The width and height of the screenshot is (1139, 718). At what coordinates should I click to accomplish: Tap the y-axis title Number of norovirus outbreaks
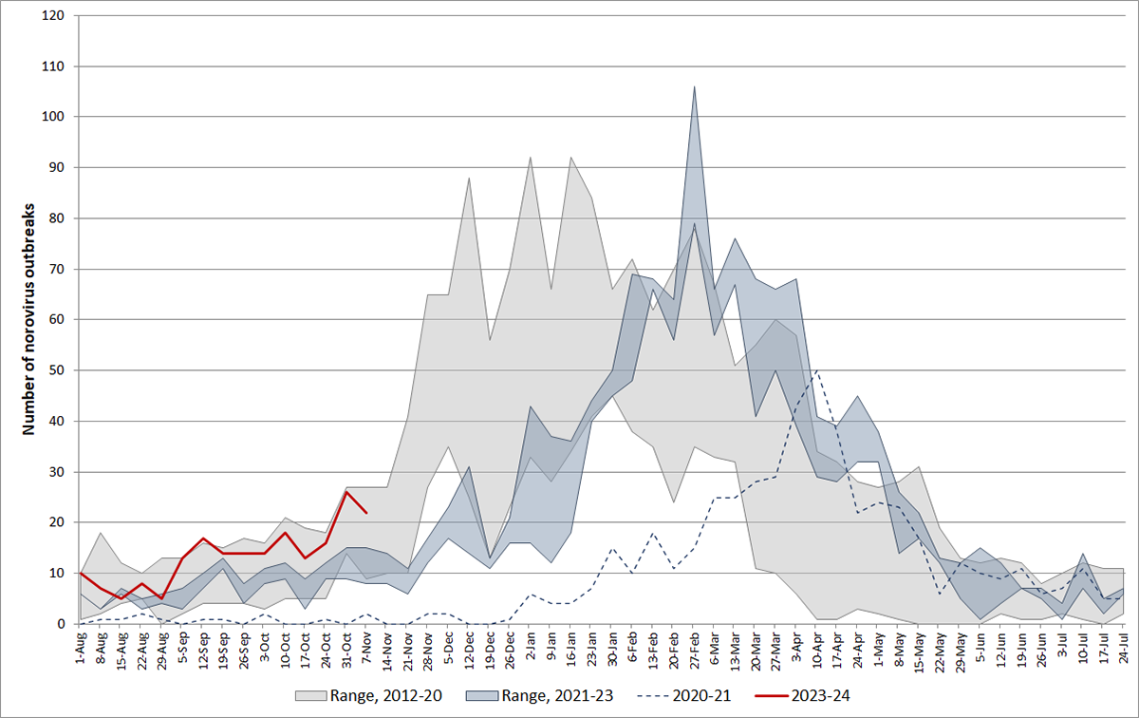click(29, 319)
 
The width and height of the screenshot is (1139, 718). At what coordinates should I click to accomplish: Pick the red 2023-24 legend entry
click(817, 696)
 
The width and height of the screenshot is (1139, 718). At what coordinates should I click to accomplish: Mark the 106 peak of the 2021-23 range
click(695, 87)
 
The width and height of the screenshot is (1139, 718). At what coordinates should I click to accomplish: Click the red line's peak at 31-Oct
click(346, 492)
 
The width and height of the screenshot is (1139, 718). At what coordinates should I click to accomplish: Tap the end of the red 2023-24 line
click(366, 513)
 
